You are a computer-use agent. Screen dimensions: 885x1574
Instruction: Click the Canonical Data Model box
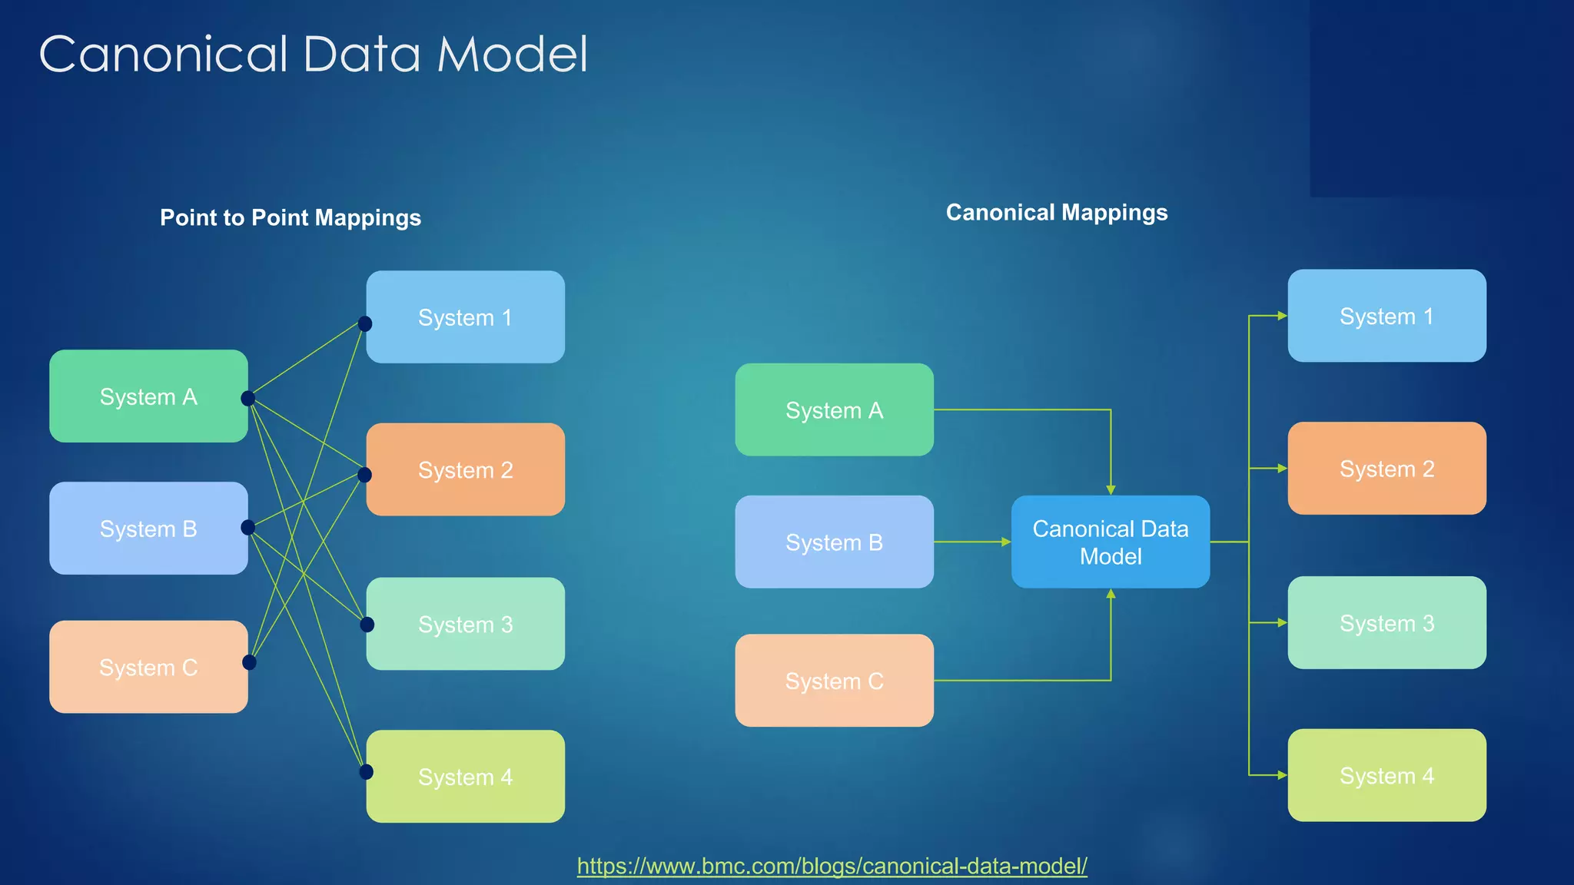point(1110,542)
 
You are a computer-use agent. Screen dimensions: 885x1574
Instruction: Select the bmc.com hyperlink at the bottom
point(832,866)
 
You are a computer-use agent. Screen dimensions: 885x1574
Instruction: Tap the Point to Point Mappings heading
point(291,217)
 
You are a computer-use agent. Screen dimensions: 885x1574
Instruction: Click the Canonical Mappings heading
point(1056,212)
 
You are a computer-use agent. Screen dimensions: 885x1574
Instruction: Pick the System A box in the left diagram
point(148,396)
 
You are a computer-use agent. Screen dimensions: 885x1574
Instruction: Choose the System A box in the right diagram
point(834,409)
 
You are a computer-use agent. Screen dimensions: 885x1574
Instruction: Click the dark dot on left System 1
point(365,323)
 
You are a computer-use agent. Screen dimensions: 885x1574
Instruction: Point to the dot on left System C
point(249,662)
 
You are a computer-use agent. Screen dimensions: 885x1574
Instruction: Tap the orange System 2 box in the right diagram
point(1386,468)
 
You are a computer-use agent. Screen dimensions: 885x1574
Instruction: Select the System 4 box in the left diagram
point(465,776)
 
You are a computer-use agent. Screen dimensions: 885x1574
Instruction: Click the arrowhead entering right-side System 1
point(1282,316)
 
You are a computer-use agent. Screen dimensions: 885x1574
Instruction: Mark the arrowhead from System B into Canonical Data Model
point(1006,542)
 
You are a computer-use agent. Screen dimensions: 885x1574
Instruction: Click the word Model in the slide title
point(512,55)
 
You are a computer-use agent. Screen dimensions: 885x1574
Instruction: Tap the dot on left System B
point(247,527)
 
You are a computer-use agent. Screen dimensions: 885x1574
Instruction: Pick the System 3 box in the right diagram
point(1386,622)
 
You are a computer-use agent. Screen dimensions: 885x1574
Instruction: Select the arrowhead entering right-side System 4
point(1282,775)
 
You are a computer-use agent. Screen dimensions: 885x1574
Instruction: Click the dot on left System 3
point(367,625)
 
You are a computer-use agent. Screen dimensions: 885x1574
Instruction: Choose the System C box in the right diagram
point(834,680)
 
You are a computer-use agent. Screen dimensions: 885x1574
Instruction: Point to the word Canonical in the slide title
point(163,55)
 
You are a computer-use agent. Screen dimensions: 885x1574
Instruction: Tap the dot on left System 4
point(367,771)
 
